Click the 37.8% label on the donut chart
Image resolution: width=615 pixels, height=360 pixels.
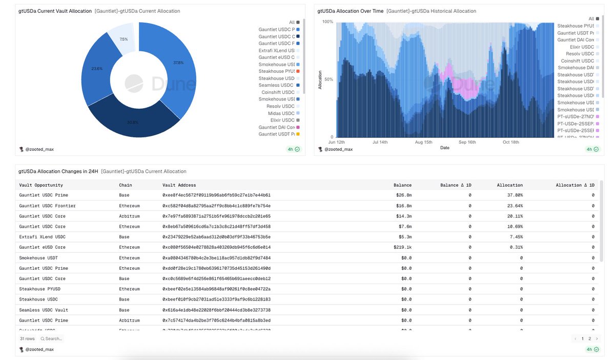pyautogui.click(x=178, y=63)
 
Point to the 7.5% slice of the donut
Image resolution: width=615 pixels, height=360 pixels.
pyautogui.click(x=124, y=39)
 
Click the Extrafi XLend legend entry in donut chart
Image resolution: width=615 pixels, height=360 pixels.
pyautogui.click(x=277, y=51)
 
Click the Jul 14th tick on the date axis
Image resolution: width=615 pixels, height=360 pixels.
pyautogui.click(x=380, y=142)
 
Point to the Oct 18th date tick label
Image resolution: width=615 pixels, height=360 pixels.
pyautogui.click(x=511, y=142)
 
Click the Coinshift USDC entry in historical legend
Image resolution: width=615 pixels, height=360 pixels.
pyautogui.click(x=578, y=61)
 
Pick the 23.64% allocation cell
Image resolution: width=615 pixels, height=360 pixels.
pyautogui.click(x=513, y=206)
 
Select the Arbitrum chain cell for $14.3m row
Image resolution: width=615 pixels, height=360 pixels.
pyautogui.click(x=129, y=216)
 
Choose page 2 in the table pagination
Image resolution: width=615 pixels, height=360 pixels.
pyautogui.click(x=590, y=338)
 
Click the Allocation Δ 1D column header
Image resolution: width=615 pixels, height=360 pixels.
pyautogui.click(x=575, y=185)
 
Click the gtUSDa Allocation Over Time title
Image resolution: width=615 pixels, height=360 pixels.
pyautogui.click(x=350, y=11)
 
